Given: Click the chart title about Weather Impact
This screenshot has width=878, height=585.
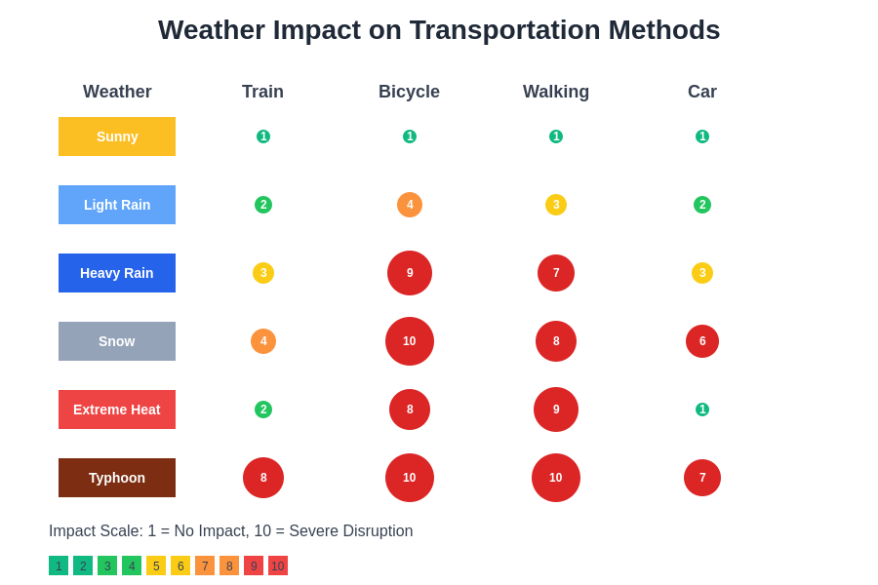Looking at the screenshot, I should point(439,30).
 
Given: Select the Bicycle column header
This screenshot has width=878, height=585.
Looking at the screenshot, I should point(409,92).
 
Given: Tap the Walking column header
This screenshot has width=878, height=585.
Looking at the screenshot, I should point(556,92).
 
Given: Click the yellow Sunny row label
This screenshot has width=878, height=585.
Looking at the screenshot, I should point(117,136).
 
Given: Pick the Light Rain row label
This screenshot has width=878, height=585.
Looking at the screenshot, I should point(117,205).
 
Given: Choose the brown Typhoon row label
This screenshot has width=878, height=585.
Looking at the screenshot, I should point(117,478).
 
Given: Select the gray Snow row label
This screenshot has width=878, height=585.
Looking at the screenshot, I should point(117,341).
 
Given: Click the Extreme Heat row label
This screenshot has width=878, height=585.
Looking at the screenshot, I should point(117,409).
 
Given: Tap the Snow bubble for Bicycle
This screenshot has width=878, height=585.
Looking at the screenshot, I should point(410,341).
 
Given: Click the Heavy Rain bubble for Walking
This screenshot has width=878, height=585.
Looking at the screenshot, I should point(556,273).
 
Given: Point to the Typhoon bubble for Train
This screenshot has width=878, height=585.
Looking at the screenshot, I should point(263,478).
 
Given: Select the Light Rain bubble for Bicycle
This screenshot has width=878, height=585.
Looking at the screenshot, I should point(410,205).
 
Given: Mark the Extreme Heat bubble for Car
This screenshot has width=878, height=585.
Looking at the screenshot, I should point(702,409).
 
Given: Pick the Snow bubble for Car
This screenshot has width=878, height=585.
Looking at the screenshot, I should point(702,341).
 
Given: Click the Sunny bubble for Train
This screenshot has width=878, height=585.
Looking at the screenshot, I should point(263,136).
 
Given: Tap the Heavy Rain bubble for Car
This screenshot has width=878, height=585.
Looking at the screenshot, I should point(702,273).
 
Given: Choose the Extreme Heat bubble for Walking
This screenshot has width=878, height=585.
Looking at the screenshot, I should point(556,409).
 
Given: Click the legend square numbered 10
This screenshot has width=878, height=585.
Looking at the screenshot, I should point(278,565).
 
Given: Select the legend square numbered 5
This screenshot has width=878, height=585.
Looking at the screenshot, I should point(156,565).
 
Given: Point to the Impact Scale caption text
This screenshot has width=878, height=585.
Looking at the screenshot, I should point(231,531).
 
